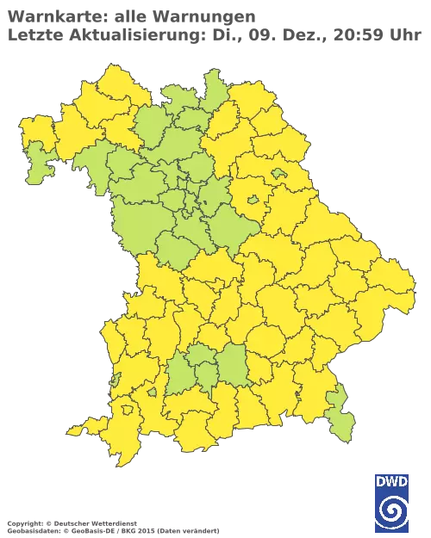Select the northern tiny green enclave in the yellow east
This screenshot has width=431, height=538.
point(278,174)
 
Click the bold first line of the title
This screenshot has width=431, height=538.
point(129,15)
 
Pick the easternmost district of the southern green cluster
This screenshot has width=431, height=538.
point(231,367)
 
